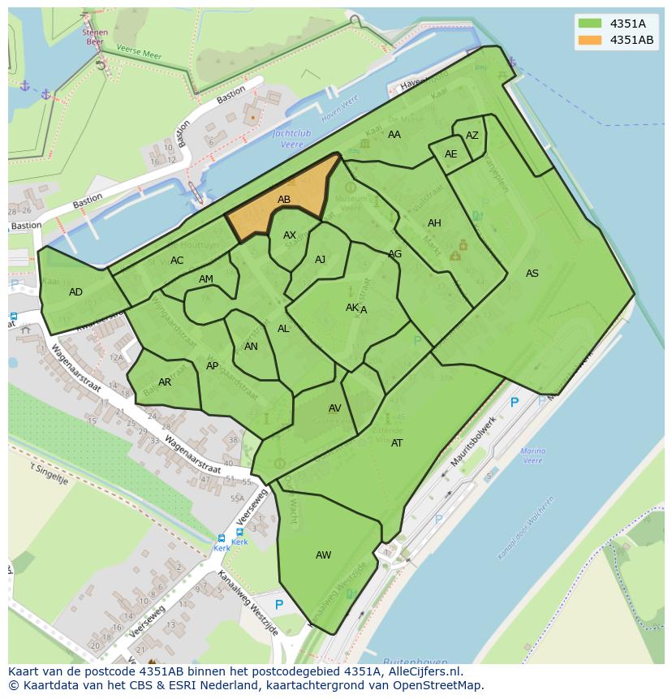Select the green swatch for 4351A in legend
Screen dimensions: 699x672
(590, 24)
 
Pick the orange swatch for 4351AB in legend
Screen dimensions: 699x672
(590, 40)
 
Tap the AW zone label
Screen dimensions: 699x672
(323, 555)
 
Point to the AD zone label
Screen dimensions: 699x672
(75, 292)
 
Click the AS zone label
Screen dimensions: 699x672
(532, 274)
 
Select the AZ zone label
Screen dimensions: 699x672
(472, 136)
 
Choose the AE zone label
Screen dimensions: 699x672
(450, 154)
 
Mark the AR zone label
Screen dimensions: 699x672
(165, 382)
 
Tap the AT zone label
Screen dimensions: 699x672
(397, 443)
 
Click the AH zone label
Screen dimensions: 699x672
(434, 223)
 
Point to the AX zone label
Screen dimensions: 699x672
(290, 235)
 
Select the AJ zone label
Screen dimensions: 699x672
(320, 260)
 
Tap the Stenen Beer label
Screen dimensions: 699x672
(94, 37)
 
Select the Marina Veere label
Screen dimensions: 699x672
(532, 455)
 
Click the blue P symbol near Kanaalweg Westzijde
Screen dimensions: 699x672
(279, 605)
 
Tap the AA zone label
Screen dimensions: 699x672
(394, 135)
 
